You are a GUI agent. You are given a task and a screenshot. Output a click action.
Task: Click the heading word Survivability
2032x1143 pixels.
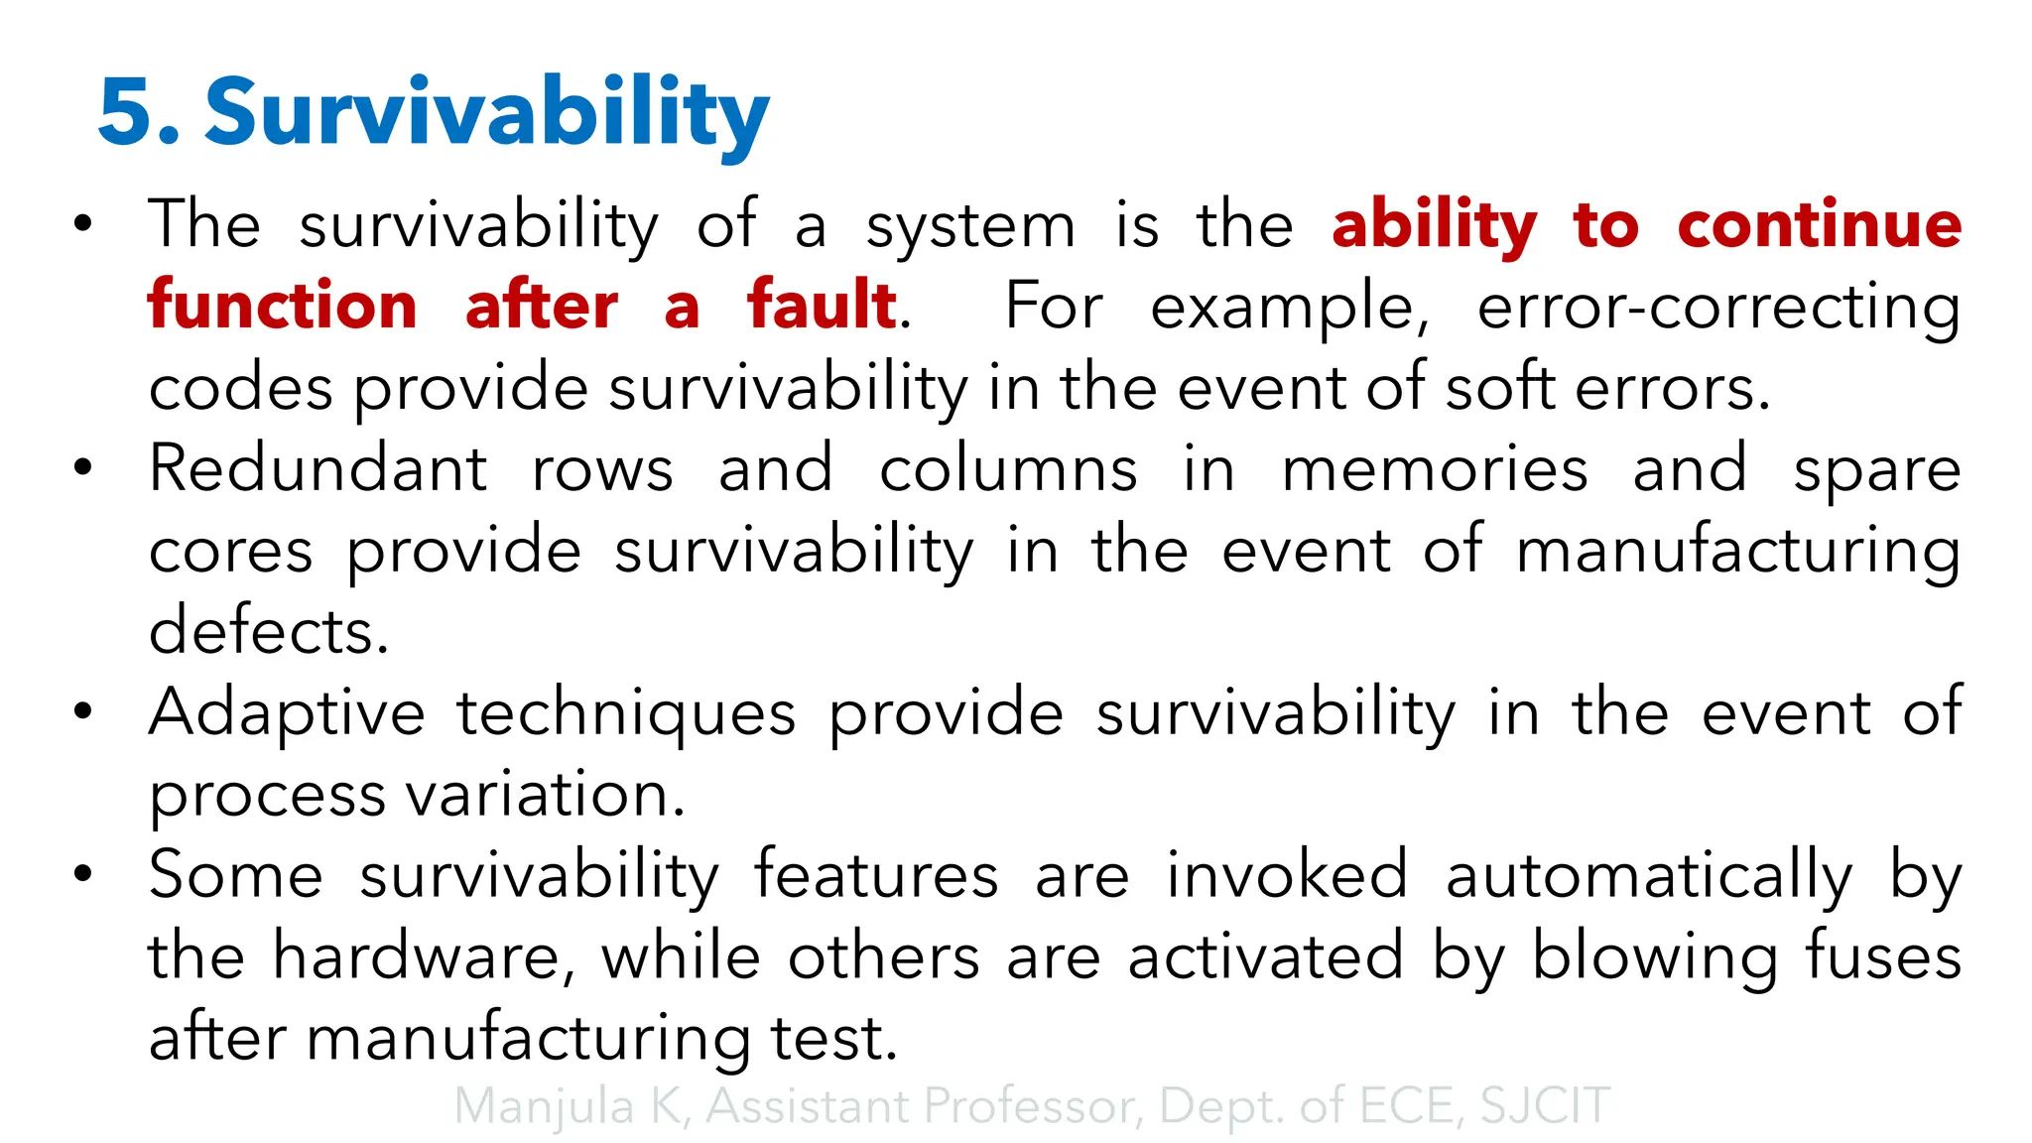click(x=486, y=113)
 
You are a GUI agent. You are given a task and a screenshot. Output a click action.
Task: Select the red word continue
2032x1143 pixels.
click(x=1819, y=225)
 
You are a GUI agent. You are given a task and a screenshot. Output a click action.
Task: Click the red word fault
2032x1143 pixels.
click(x=822, y=306)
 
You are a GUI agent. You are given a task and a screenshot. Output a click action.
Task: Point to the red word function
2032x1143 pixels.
click(x=283, y=306)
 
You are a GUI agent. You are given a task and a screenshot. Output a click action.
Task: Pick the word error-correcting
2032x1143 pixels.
click(x=1718, y=306)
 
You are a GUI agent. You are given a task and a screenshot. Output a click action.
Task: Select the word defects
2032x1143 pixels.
click(x=268, y=631)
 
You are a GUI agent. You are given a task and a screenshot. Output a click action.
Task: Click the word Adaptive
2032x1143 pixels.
click(x=287, y=714)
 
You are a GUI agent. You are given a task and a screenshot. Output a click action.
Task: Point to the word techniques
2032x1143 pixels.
click(x=626, y=714)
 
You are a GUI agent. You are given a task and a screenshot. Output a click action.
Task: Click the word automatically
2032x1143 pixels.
click(x=1648, y=877)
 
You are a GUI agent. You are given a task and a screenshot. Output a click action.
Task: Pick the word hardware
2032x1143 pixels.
click(x=423, y=957)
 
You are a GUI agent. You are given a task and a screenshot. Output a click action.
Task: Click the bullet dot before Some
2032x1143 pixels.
click(x=83, y=874)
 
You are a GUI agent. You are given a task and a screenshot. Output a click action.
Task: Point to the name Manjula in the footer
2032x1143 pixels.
click(x=544, y=1106)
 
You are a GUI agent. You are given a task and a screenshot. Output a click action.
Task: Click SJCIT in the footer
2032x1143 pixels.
click(x=1544, y=1106)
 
